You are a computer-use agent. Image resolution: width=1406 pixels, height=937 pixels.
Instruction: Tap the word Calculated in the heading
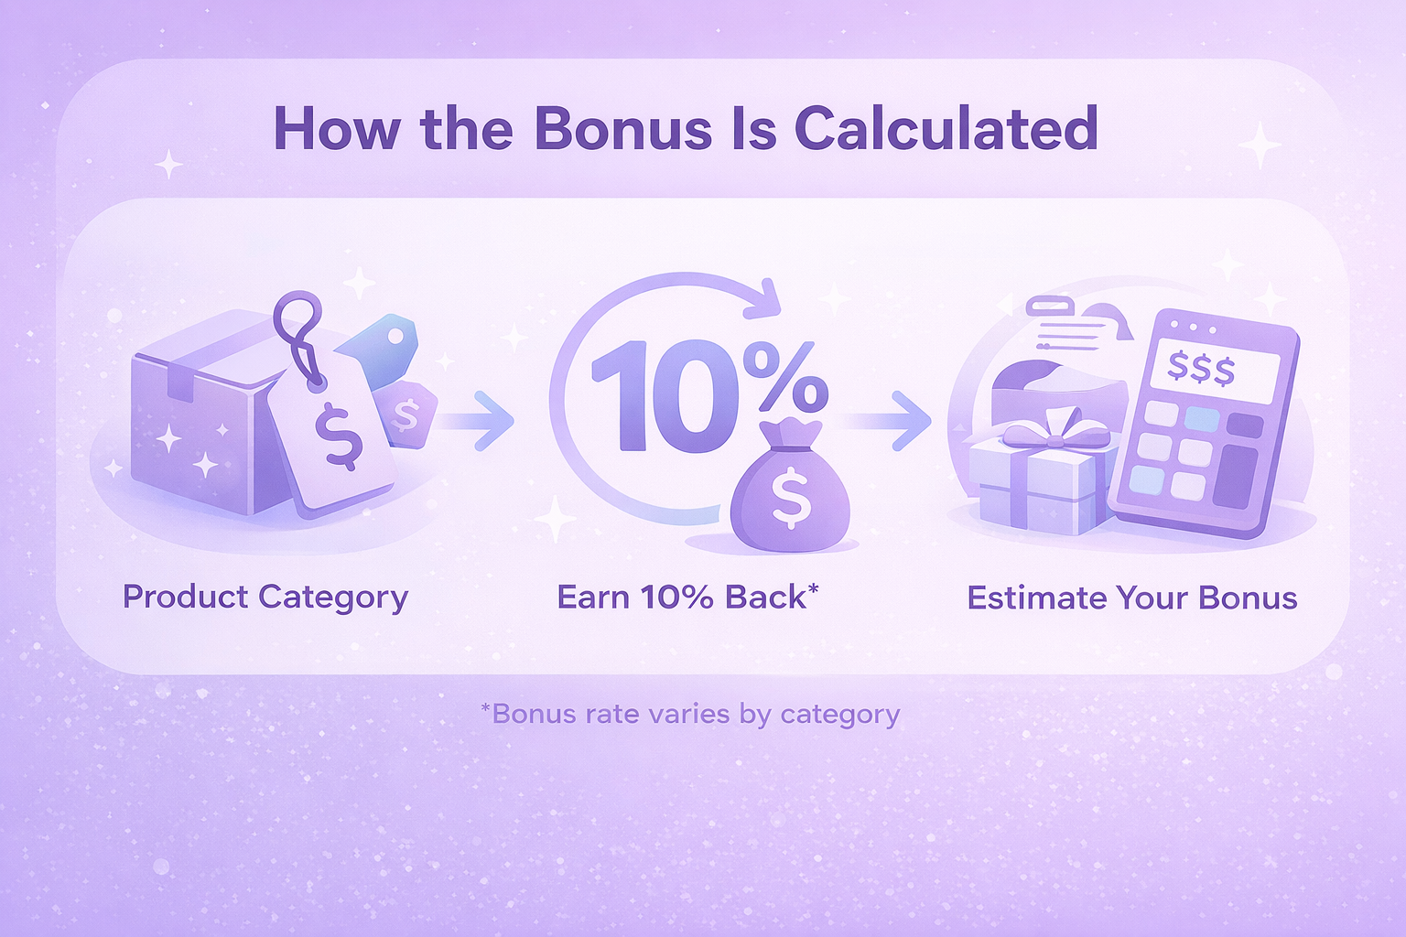tap(946, 129)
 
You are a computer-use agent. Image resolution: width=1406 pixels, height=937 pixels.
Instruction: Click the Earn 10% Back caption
tap(688, 597)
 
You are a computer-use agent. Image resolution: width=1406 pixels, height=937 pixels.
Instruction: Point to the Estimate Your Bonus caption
tap(1132, 598)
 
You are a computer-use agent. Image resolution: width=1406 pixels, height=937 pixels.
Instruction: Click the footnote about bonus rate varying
tap(690, 715)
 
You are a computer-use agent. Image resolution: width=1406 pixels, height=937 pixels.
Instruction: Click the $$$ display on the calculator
tap(1201, 370)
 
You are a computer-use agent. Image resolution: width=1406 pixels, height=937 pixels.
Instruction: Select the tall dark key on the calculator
tap(1235, 477)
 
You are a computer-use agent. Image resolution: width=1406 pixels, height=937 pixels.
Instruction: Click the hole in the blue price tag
tap(395, 337)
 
